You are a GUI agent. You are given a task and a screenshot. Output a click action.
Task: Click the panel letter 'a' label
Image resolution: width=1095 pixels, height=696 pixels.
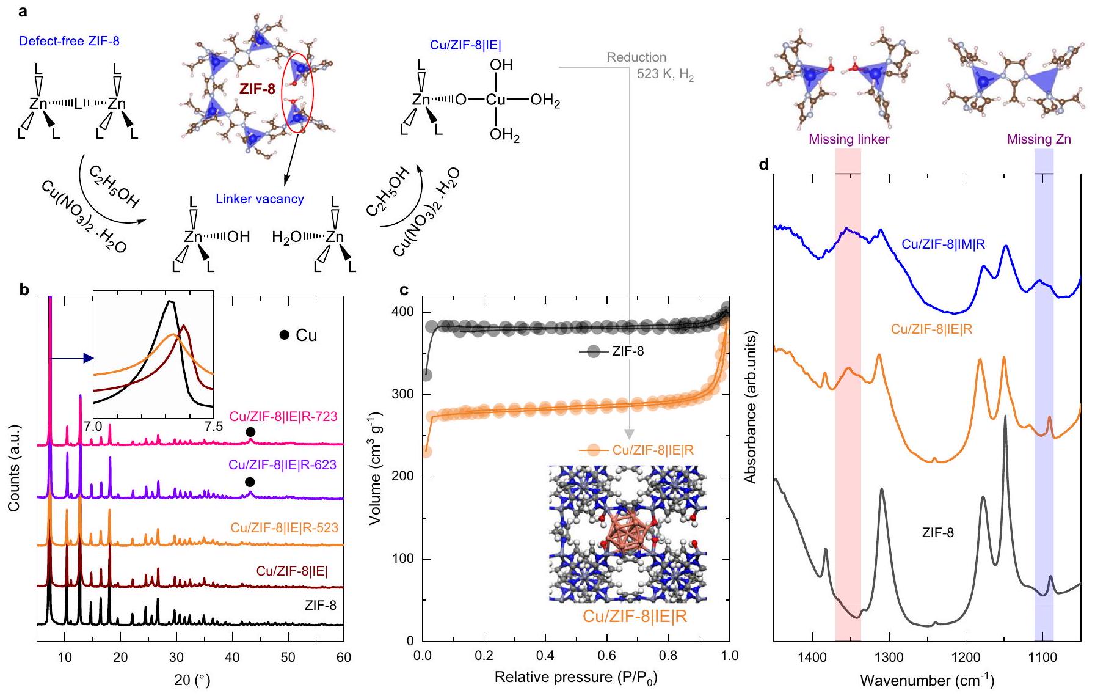point(24,11)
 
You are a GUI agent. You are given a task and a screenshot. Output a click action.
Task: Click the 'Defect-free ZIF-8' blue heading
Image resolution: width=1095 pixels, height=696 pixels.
point(69,42)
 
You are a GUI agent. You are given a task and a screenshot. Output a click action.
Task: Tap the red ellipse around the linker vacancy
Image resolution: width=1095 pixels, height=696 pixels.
point(300,92)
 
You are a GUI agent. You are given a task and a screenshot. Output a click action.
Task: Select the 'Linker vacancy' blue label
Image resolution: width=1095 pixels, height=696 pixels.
point(260,199)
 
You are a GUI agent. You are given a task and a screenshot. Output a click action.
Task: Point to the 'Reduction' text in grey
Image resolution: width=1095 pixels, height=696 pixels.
point(636,57)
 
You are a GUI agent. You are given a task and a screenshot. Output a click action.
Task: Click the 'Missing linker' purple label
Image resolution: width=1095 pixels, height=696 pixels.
point(849,139)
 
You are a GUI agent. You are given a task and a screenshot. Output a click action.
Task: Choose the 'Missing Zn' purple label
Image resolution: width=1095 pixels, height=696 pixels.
point(1038,139)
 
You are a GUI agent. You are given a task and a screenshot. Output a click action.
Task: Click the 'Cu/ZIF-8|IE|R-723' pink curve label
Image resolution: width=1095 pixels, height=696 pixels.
point(283,416)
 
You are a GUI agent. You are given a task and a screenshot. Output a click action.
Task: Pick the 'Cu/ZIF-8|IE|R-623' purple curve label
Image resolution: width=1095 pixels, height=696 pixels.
point(282,465)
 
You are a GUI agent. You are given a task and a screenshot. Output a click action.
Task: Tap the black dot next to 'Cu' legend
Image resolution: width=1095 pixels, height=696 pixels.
point(284,335)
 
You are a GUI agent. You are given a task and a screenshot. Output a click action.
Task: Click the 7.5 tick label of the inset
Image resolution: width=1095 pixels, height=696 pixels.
point(213,426)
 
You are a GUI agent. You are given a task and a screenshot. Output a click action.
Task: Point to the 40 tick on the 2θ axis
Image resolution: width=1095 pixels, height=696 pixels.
point(232,657)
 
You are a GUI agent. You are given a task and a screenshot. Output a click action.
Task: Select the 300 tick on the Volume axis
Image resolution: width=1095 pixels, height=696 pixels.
point(402,394)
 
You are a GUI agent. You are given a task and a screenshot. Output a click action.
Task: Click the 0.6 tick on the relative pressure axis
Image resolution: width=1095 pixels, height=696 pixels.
point(606,656)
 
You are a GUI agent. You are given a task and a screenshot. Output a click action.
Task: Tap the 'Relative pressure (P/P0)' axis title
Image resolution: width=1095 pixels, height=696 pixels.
point(575,677)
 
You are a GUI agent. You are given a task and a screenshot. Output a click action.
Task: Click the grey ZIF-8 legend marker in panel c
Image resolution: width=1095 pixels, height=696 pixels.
point(593,351)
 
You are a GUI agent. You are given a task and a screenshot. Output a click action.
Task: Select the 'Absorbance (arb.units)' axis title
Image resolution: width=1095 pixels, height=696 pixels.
point(751,407)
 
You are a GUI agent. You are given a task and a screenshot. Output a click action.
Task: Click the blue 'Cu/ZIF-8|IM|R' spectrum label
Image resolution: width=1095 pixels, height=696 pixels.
point(943,245)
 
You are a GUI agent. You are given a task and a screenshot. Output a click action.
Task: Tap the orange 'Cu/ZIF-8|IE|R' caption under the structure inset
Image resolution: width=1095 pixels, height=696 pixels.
point(635,616)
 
